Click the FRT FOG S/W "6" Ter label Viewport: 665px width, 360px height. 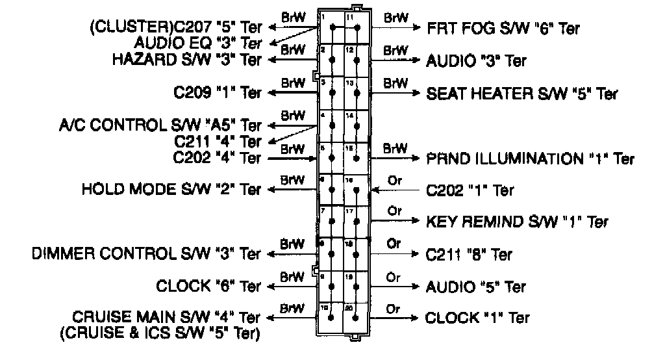pos(503,29)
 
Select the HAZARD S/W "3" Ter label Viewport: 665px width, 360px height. pos(187,60)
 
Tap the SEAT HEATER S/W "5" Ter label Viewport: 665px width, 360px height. pos(521,94)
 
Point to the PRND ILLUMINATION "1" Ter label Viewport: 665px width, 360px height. pos(530,159)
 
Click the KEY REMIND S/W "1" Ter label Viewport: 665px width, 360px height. pos(517,222)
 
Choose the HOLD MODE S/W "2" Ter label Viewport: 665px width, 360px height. pos(171,190)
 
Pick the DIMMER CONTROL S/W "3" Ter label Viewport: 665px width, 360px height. pos(147,252)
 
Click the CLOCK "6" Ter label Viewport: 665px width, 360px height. pos(208,286)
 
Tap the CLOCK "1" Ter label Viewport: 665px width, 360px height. pos(477,318)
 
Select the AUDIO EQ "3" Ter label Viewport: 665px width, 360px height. pos(198,44)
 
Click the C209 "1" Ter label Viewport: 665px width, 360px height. pos(218,93)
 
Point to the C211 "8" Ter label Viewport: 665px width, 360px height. pos(469,254)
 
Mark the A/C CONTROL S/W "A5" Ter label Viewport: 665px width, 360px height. pos(160,125)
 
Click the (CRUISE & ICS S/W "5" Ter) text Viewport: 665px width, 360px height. pos(160,334)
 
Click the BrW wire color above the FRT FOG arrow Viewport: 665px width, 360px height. pos(395,18)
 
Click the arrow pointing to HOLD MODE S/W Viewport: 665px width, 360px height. pos(292,190)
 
